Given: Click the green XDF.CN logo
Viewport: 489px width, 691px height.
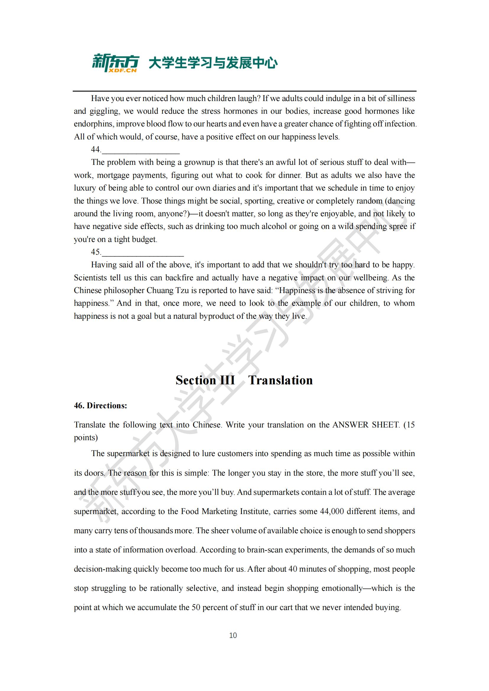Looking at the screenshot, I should [115, 63].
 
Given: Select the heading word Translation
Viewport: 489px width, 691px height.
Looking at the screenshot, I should [280, 381].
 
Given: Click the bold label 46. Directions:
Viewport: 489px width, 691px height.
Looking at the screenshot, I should [101, 406].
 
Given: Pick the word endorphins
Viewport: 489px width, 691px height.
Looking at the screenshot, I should [93, 124].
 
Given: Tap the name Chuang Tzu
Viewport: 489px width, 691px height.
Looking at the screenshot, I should [163, 290].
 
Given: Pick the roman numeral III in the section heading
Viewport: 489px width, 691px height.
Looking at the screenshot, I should [228, 381].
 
